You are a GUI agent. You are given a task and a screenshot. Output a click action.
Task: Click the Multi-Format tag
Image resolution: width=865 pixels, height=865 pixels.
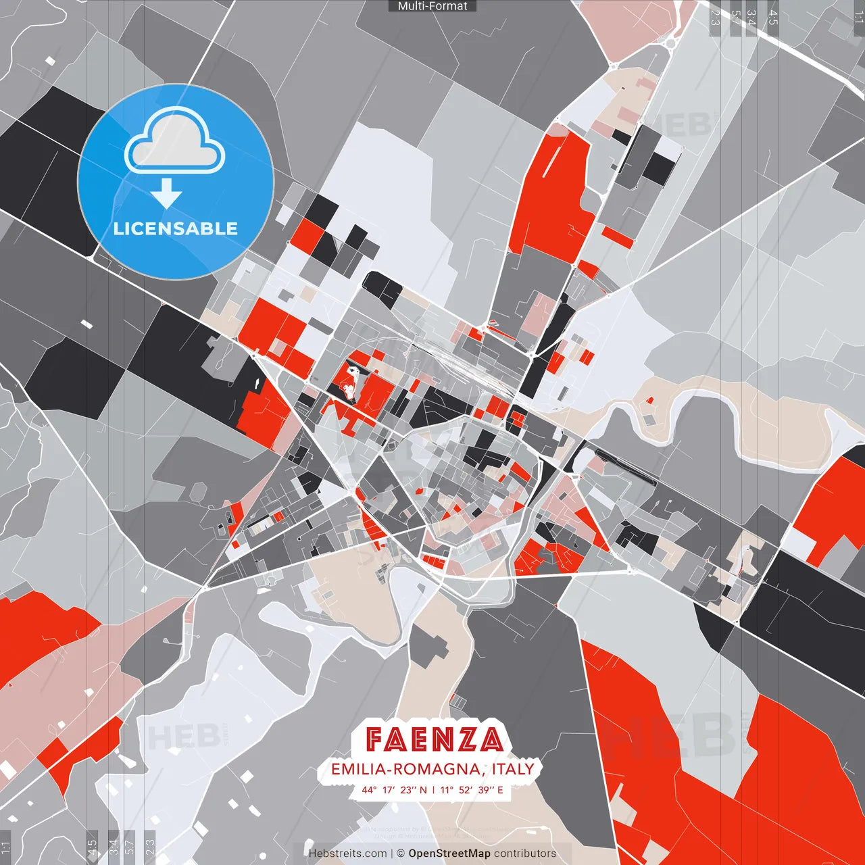point(432,6)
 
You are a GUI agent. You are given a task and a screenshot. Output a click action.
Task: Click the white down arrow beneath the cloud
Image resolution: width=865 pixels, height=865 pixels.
point(166,195)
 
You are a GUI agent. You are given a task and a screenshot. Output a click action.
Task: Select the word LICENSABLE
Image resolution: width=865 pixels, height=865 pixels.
point(176,228)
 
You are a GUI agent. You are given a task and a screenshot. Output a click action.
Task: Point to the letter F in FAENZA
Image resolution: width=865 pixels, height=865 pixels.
point(377,739)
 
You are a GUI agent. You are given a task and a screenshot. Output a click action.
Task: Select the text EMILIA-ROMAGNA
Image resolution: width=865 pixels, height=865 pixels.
point(405,769)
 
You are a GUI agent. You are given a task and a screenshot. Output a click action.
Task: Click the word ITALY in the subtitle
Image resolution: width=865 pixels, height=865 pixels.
point(513,769)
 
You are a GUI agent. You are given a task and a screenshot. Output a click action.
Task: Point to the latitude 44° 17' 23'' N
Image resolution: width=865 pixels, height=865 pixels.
point(394,789)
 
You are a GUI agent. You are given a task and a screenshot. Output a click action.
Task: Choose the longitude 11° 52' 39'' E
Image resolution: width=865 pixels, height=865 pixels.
point(472,789)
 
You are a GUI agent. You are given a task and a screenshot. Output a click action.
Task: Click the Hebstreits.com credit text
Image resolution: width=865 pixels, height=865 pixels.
point(347,854)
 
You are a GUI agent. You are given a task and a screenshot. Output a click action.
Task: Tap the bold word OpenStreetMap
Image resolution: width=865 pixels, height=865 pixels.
point(449,854)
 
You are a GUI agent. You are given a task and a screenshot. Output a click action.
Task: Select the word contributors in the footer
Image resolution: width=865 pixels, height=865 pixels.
point(525,854)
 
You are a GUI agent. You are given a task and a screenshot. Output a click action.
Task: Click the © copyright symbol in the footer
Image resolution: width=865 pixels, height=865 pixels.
point(400,854)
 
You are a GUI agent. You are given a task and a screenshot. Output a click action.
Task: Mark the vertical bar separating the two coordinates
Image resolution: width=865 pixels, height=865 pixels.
point(433,789)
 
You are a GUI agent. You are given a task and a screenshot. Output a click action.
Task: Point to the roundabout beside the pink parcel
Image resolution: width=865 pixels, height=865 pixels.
point(671,43)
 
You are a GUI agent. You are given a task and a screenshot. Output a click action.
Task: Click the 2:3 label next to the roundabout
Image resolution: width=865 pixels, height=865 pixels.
point(715,18)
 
